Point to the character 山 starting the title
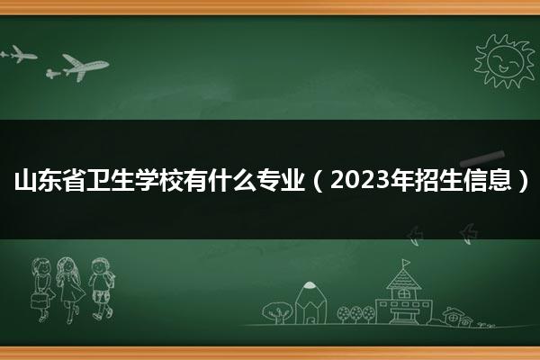(x=25, y=180)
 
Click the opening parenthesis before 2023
(x=318, y=180)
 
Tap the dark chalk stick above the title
(x=482, y=158)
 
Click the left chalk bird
(x=414, y=236)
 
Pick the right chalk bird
(x=469, y=234)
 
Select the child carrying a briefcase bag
(x=42, y=290)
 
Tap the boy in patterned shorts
(x=102, y=288)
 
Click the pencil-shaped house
(x=310, y=303)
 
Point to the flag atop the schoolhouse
(x=407, y=263)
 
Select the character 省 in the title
(x=74, y=180)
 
